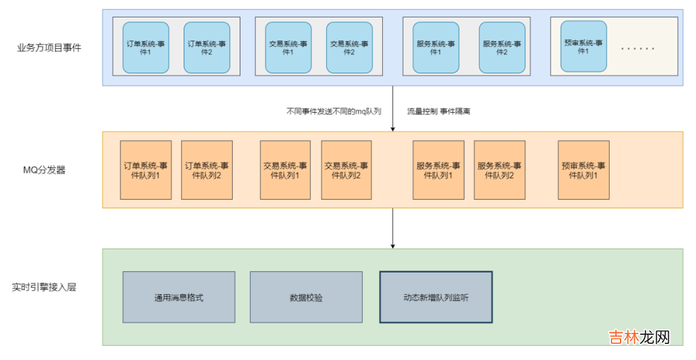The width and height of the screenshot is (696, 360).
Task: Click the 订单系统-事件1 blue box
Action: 146,48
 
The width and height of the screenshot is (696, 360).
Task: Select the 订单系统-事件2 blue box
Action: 207,48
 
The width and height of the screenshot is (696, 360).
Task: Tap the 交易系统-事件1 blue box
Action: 288,48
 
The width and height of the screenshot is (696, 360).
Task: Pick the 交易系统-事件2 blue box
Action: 349,48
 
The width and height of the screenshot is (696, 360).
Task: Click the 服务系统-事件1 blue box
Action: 436,48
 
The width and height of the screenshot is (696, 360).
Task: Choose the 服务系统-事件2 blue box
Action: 502,48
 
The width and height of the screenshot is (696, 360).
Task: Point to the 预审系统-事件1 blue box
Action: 583,46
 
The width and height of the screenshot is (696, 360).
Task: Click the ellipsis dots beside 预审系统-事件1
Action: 637,49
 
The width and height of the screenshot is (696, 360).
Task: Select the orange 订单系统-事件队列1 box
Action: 146,170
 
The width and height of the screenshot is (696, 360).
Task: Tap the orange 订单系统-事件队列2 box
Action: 207,170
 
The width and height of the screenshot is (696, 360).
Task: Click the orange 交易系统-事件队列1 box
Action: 285,170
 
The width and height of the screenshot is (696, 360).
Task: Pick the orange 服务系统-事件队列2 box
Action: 499,170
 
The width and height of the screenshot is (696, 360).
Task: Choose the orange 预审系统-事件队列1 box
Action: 583,170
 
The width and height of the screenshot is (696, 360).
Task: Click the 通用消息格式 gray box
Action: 179,298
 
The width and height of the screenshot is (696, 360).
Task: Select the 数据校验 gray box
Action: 306,298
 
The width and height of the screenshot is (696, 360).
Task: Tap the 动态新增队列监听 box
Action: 436,298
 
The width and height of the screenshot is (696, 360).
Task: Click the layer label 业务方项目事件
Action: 49,48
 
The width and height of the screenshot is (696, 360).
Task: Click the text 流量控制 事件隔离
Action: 438,111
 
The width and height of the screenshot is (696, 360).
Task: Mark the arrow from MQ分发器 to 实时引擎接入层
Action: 392,228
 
